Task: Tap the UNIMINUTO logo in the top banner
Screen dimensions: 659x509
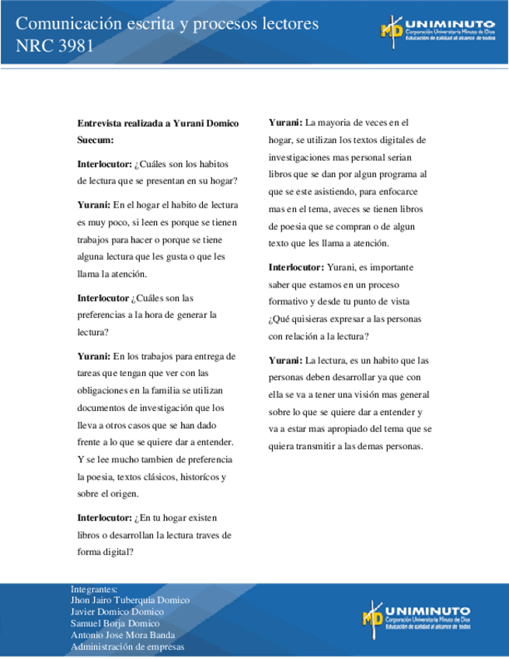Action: click(437, 30)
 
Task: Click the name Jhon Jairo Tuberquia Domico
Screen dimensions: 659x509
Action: click(129, 601)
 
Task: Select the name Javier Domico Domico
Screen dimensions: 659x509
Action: click(117, 612)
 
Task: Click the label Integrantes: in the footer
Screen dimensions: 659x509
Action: click(93, 589)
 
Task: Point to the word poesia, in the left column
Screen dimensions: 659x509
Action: click(107, 476)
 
